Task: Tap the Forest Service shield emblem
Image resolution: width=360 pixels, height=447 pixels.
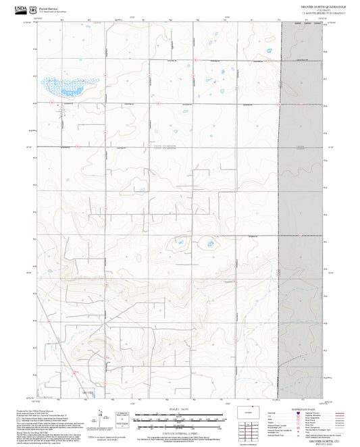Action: click(33, 10)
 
